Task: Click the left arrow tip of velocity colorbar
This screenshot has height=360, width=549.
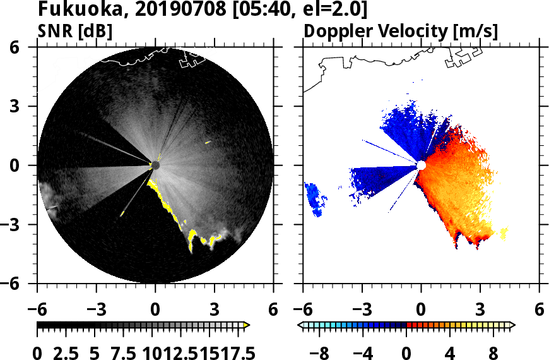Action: click(301, 325)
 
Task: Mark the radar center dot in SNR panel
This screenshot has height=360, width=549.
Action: click(155, 165)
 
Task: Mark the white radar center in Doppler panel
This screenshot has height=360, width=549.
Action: click(421, 165)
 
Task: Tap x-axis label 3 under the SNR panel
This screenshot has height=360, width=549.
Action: click(214, 310)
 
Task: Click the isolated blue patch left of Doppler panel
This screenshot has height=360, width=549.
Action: click(316, 198)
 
